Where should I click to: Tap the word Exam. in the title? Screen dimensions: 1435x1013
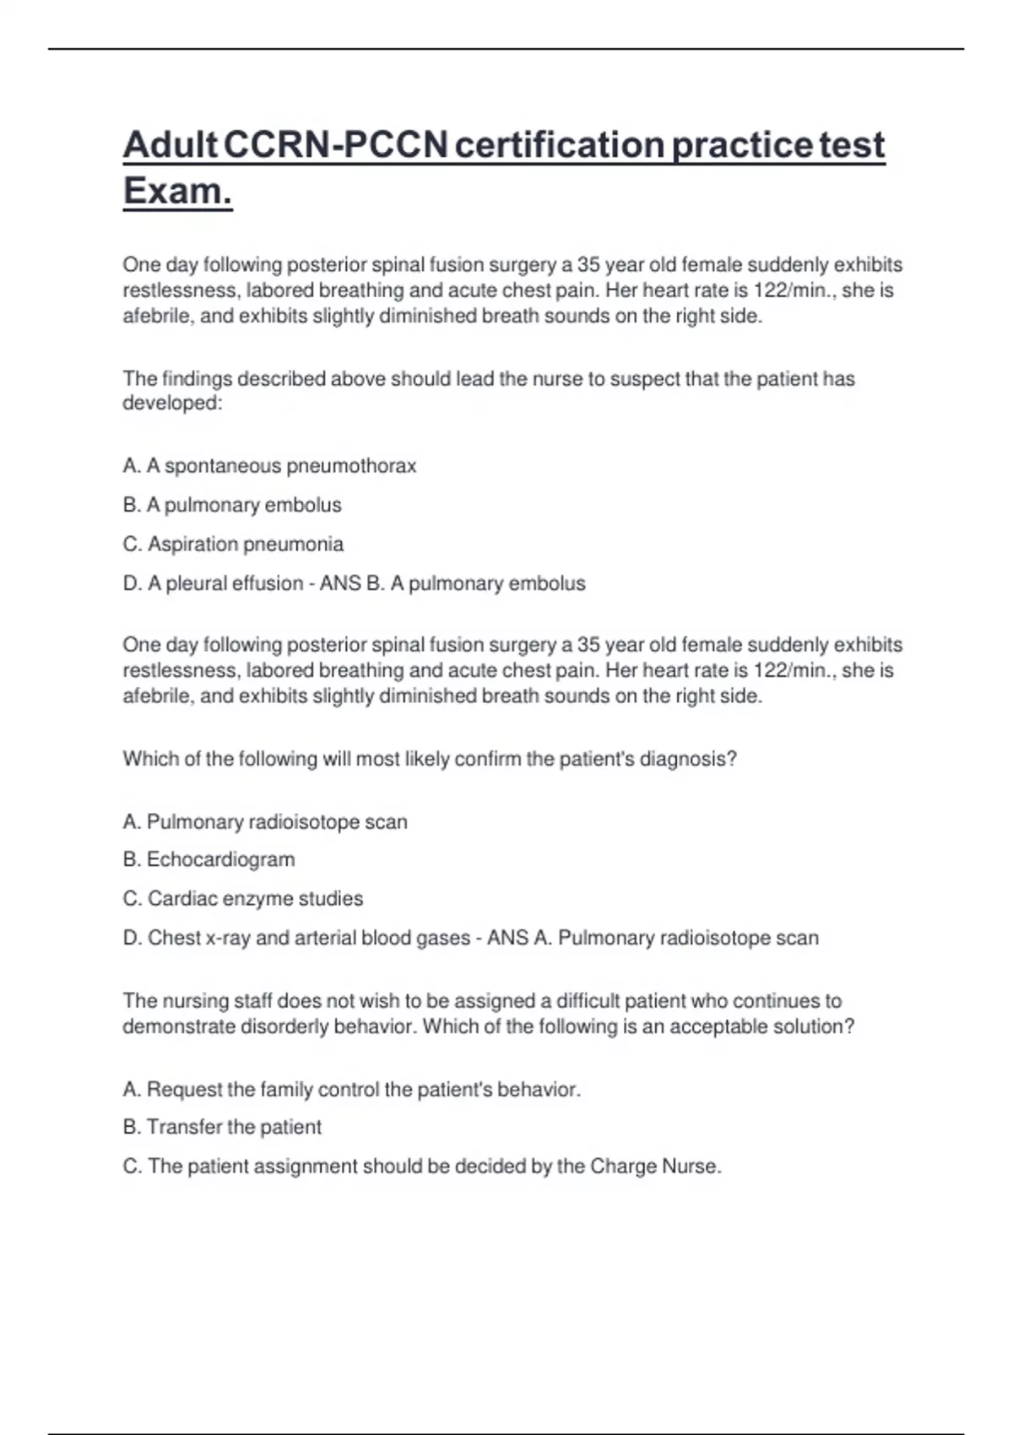pyautogui.click(x=177, y=191)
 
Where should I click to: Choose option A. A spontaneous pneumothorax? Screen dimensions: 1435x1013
pyautogui.click(x=269, y=466)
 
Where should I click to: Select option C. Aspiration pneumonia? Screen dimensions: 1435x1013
pyautogui.click(x=233, y=544)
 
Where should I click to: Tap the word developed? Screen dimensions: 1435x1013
pyautogui.click(x=172, y=403)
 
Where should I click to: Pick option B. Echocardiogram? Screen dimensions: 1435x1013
pyautogui.click(x=209, y=860)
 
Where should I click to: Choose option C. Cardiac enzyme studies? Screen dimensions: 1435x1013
pyautogui.click(x=243, y=899)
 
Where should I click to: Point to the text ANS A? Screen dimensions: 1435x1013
pyautogui.click(x=519, y=938)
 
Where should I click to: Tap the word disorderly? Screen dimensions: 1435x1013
pyautogui.click(x=284, y=1026)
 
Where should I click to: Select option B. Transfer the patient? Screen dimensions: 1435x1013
pyautogui.click(x=222, y=1127)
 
